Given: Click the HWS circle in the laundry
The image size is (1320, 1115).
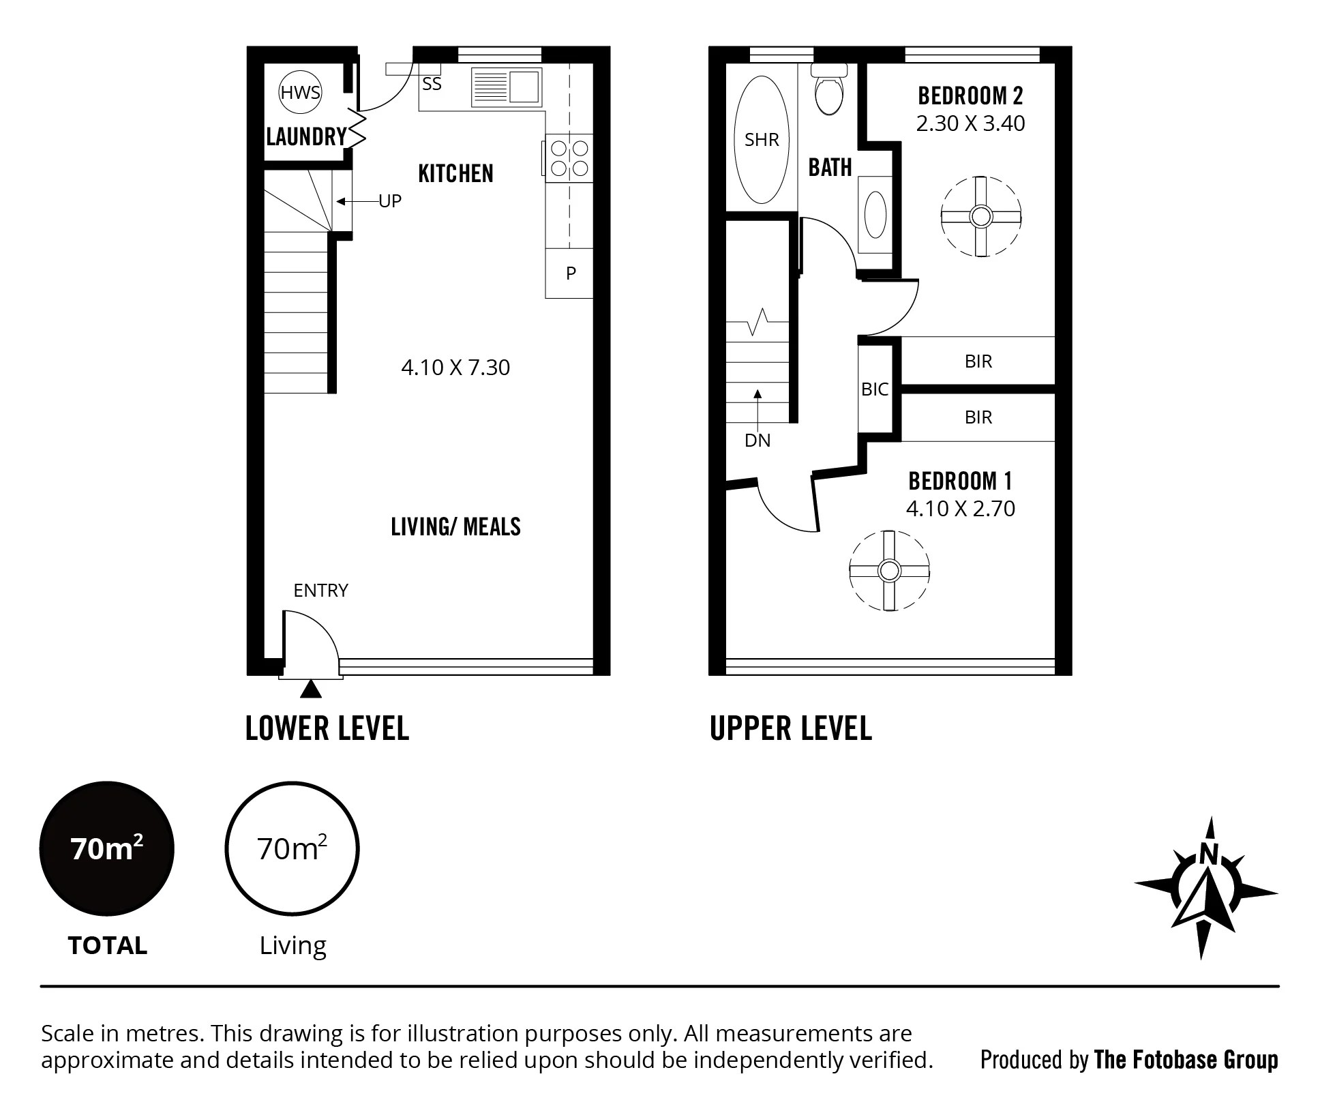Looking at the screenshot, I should click(300, 92).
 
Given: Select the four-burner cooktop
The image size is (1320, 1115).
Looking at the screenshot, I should click(569, 158).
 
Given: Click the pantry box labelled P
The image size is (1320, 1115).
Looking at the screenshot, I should click(570, 273).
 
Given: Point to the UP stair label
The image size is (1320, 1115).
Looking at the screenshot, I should click(390, 201).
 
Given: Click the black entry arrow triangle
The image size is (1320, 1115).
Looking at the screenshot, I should click(311, 689).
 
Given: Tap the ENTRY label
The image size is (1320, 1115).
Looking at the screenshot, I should click(320, 591).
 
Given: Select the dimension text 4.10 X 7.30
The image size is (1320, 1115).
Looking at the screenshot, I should click(455, 368).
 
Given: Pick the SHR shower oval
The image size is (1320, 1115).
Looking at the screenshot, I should click(761, 140).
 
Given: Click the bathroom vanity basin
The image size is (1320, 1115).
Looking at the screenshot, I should click(875, 213).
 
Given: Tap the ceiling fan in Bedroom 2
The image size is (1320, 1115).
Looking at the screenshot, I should click(980, 217).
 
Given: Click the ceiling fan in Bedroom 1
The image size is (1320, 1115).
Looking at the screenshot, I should click(889, 570).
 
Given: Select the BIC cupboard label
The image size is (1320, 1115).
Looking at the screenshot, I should click(875, 389).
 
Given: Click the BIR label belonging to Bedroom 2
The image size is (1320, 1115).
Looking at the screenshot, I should click(978, 361).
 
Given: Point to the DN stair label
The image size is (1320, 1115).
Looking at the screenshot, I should click(757, 441).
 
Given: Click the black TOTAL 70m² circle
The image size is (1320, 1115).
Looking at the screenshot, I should click(107, 849).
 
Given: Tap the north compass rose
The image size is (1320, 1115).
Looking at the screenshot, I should click(1205, 890).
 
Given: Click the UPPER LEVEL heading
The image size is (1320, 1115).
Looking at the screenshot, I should click(790, 728).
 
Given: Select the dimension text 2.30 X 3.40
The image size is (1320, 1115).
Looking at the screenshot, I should click(970, 123).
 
